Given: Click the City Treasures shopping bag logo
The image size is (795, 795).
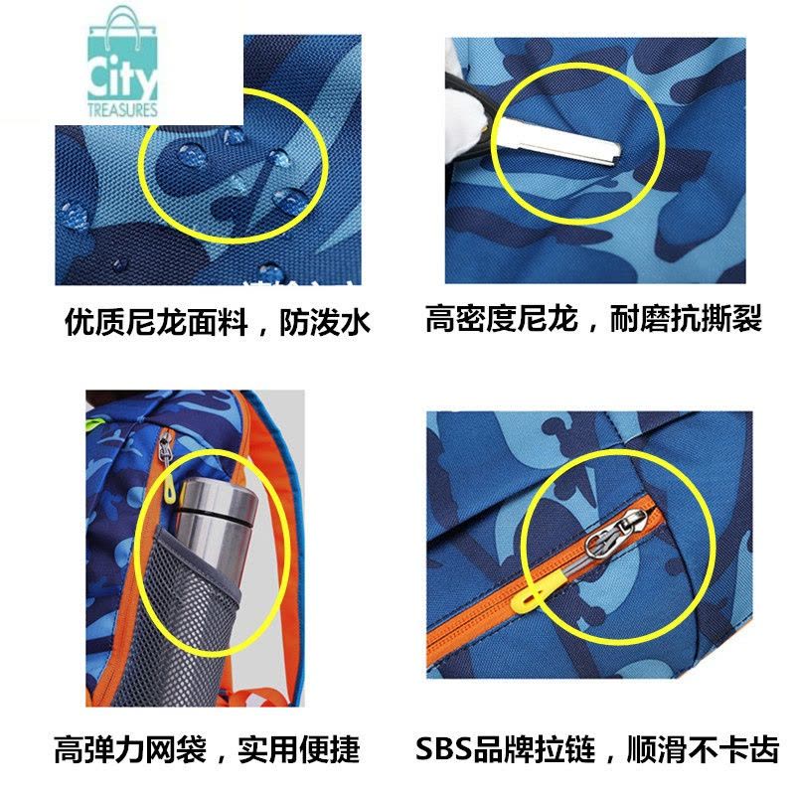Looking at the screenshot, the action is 122,61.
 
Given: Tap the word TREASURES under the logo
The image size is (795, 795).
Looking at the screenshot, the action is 122,110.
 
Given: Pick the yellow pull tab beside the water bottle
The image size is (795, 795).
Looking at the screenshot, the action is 169,491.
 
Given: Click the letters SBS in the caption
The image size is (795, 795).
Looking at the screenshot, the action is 443,749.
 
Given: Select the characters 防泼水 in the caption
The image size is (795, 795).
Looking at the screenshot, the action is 325,322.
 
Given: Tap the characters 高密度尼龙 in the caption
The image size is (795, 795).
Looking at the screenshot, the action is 502,318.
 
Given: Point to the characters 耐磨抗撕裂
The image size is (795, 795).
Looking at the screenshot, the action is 686,318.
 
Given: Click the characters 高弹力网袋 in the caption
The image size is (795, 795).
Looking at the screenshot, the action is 130,750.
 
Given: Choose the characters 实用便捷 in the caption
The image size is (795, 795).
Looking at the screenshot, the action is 299,750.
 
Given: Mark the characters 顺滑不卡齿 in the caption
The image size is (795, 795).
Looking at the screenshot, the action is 703,749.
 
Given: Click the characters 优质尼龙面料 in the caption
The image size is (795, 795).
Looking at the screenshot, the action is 156,322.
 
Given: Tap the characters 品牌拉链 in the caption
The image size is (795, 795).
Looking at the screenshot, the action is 534,749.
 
